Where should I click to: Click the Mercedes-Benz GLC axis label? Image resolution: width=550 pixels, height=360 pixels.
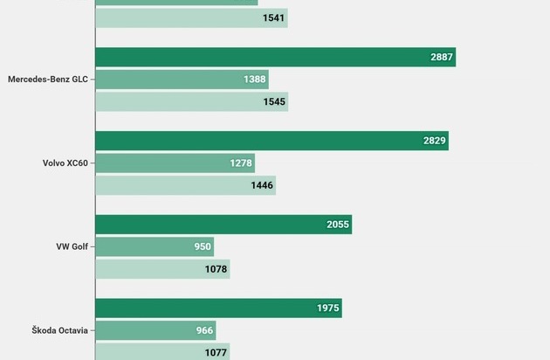pyautogui.click(x=47, y=80)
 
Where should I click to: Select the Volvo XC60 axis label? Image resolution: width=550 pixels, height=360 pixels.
pyautogui.click(x=65, y=163)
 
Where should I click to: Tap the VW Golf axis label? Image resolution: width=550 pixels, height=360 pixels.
pyautogui.click(x=72, y=246)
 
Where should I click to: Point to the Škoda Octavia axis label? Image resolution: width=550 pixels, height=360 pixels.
pyautogui.click(x=60, y=330)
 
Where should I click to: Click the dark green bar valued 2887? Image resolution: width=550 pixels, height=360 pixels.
pyautogui.click(x=275, y=57)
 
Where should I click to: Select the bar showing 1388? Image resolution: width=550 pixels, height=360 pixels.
pyautogui.click(x=182, y=80)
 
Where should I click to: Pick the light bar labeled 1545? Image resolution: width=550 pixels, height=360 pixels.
pyautogui.click(x=191, y=102)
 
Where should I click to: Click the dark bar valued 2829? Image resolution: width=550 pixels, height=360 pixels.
pyautogui.click(x=272, y=141)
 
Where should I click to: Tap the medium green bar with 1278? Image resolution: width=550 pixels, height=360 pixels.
pyautogui.click(x=175, y=163)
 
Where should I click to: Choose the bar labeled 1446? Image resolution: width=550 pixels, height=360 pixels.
pyautogui.click(x=185, y=185)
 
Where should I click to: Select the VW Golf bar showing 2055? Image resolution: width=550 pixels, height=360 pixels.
pyautogui.click(x=223, y=225)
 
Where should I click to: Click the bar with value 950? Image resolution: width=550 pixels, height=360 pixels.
pyautogui.click(x=155, y=246)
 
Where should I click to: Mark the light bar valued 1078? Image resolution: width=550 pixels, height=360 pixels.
pyautogui.click(x=162, y=269)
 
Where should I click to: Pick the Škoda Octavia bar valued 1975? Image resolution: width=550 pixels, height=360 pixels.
pyautogui.click(x=218, y=308)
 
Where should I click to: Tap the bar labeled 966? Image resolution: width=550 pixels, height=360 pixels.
pyautogui.click(x=155, y=330)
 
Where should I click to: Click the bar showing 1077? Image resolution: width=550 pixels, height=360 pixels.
pyautogui.click(x=162, y=352)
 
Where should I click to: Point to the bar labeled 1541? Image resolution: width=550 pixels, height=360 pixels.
pyautogui.click(x=191, y=17)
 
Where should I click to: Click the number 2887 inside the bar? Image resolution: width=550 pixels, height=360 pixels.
pyautogui.click(x=442, y=58)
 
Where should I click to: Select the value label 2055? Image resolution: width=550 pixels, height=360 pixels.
pyautogui.click(x=338, y=225)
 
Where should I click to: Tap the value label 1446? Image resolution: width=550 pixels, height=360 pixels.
pyautogui.click(x=262, y=185)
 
